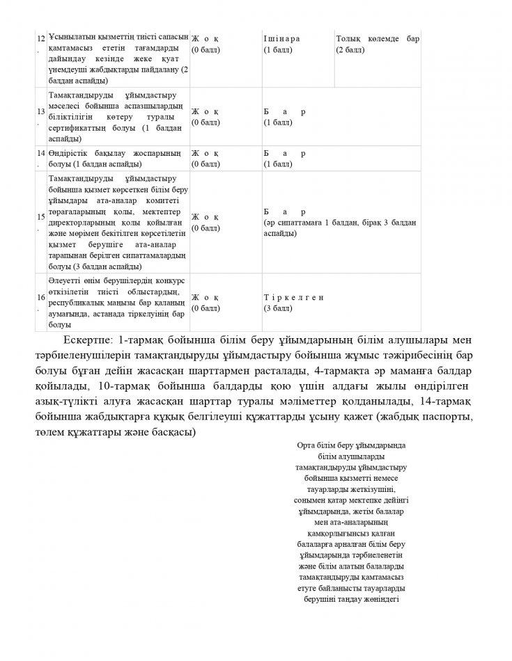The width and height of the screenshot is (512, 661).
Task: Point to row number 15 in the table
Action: coord(41,222)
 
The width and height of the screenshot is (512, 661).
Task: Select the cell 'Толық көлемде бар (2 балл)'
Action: coord(377,45)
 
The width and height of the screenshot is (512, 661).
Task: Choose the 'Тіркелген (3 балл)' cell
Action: coord(294,302)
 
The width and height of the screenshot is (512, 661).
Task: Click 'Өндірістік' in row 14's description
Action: coord(70,153)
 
